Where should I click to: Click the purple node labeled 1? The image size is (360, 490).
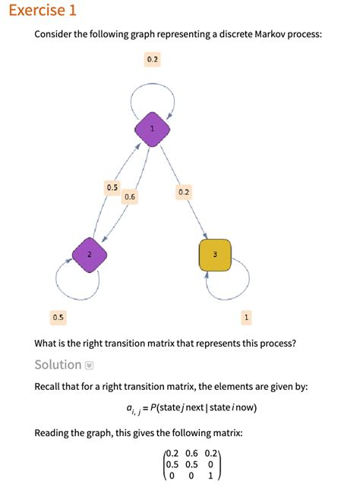[x=152, y=128]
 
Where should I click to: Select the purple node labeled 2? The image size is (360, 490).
[x=89, y=254]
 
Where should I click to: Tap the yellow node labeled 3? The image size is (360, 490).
[x=215, y=254]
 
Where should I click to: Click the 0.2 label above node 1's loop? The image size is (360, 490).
[x=152, y=58]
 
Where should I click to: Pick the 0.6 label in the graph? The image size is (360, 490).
[x=129, y=196]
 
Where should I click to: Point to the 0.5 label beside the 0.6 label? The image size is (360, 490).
[x=112, y=187]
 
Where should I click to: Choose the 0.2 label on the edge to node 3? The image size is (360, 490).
[x=183, y=192]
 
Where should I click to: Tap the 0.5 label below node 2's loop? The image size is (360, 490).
[x=58, y=316]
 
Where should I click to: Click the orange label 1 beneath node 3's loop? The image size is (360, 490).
[x=246, y=316]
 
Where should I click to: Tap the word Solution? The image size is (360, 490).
[x=58, y=365]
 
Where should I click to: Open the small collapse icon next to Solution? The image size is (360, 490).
[x=90, y=366]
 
